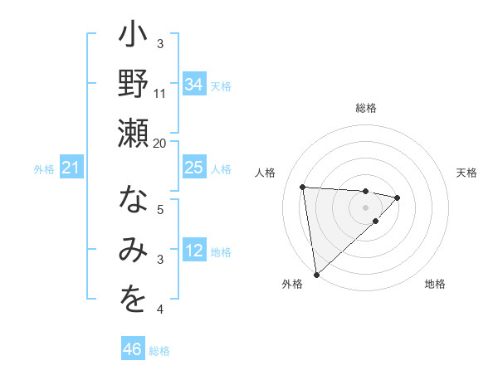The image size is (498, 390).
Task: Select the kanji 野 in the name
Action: tap(133, 84)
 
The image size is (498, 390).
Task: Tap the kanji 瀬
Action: tap(133, 133)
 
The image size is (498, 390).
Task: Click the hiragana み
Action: tap(133, 251)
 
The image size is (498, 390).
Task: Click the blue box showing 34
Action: tap(193, 85)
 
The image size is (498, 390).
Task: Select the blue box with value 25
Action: tap(193, 168)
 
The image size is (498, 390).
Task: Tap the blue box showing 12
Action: tap(193, 251)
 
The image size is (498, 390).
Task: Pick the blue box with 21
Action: tap(71, 168)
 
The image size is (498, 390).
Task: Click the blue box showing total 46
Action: tap(133, 349)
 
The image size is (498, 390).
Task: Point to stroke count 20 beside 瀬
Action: tap(160, 143)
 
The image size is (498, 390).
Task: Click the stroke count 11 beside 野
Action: tap(160, 93)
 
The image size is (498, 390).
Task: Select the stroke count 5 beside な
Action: tap(162, 210)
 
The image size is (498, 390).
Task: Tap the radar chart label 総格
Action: tap(366, 108)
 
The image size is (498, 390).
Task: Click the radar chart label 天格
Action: tap(466, 173)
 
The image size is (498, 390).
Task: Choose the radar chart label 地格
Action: tap(435, 284)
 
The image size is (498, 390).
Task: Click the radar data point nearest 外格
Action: tap(316, 275)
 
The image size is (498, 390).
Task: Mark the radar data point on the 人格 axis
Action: tap(303, 186)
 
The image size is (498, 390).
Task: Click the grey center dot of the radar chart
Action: tap(366, 207)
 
